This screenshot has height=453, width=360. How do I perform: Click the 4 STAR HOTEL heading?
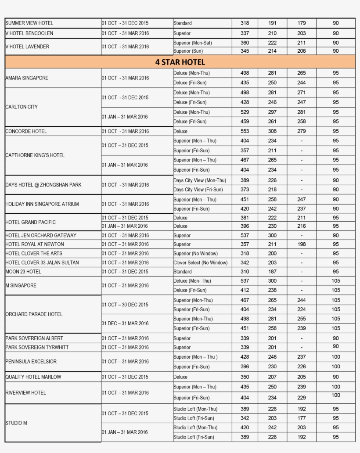click(180, 62)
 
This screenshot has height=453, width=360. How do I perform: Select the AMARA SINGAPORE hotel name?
click(27, 78)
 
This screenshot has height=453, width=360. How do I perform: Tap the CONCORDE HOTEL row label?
click(26, 131)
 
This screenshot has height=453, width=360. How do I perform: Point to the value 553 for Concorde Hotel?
click(245, 131)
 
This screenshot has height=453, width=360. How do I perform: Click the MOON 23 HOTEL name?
click(23, 272)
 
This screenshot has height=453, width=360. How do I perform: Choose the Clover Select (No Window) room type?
click(201, 262)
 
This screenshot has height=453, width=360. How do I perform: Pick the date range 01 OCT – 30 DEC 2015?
click(125, 305)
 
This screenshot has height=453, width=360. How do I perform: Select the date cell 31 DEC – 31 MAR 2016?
click(125, 324)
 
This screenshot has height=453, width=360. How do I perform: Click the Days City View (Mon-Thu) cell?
click(200, 180)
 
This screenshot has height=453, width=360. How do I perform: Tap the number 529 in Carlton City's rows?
click(245, 112)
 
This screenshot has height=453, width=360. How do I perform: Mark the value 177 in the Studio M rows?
click(301, 418)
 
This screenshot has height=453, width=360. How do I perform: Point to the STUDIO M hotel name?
click(16, 423)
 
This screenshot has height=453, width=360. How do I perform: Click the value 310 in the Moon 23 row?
click(245, 272)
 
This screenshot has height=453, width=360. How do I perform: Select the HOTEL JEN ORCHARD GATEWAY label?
click(41, 235)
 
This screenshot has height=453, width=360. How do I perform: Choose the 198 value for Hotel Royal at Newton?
click(301, 244)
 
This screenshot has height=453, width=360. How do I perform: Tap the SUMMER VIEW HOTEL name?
click(29, 23)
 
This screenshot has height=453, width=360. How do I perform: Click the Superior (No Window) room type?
click(195, 253)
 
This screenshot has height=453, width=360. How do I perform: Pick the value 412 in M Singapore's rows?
click(245, 290)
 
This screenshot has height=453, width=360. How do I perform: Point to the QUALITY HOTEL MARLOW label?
click(33, 377)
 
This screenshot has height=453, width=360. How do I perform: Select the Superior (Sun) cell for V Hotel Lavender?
click(188, 51)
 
